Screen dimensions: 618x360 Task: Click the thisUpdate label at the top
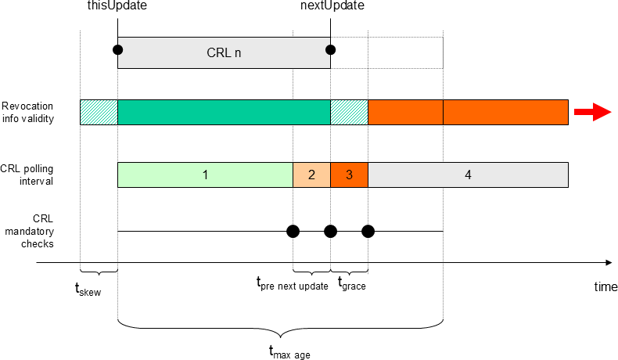(x=117, y=5)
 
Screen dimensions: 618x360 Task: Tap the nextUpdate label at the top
(x=332, y=5)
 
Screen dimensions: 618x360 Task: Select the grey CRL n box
(x=224, y=53)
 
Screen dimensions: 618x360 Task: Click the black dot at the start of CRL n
(x=117, y=49)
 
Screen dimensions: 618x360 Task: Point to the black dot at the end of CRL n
(x=330, y=49)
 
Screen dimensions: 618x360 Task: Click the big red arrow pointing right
(x=593, y=112)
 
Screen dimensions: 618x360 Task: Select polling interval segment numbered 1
(x=205, y=175)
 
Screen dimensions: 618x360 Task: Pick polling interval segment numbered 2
(x=312, y=175)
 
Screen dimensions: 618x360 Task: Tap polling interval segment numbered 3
(x=349, y=175)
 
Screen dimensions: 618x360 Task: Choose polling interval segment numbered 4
(x=469, y=175)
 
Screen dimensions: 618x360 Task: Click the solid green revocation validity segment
(x=224, y=113)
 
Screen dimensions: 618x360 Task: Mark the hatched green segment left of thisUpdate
(x=99, y=113)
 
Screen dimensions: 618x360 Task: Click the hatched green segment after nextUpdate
(x=349, y=113)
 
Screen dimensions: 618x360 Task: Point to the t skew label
(x=88, y=289)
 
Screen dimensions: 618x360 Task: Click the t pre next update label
(x=292, y=283)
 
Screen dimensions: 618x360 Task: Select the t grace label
(x=352, y=283)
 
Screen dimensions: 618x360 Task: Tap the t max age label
(x=289, y=351)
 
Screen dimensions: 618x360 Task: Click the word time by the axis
(x=605, y=286)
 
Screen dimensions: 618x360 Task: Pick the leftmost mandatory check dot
(x=293, y=232)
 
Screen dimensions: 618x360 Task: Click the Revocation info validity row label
(x=27, y=113)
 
